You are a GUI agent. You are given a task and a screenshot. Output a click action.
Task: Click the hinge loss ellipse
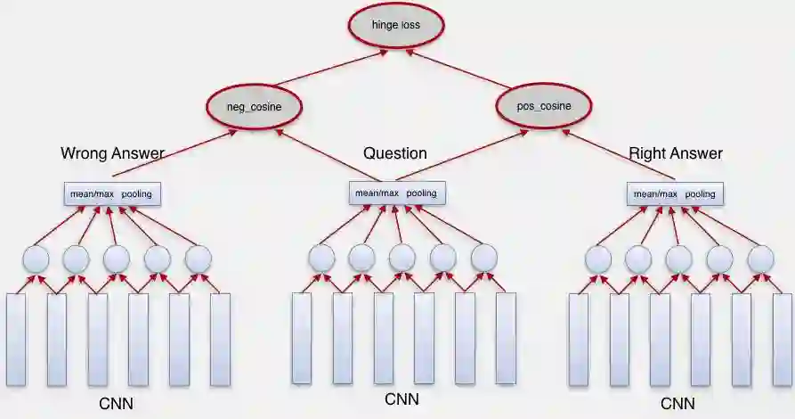(396, 26)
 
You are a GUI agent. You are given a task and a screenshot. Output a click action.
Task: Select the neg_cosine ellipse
(255, 107)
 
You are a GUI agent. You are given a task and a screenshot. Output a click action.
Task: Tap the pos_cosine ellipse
(544, 106)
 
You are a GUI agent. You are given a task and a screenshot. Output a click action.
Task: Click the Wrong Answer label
(112, 153)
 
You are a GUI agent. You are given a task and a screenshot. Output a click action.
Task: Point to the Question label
(395, 153)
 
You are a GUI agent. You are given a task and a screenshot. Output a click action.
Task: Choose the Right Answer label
(676, 153)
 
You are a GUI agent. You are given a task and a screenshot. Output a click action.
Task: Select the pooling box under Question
(396, 193)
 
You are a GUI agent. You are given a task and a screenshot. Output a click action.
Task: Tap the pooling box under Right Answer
(674, 194)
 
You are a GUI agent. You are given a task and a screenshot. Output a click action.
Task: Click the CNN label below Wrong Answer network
(116, 404)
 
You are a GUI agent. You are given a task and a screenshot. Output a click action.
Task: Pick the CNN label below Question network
(402, 398)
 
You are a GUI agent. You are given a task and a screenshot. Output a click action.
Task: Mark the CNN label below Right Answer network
(677, 404)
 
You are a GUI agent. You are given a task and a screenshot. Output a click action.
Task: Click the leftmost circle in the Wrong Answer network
(36, 259)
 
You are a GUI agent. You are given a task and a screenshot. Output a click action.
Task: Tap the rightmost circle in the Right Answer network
(760, 259)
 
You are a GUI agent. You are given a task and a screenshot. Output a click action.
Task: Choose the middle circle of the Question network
(402, 259)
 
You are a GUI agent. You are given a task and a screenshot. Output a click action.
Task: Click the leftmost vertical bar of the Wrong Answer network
(16, 339)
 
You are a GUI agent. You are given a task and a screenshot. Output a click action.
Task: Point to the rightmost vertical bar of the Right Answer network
(783, 339)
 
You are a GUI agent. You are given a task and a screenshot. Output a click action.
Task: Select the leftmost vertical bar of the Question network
(302, 339)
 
